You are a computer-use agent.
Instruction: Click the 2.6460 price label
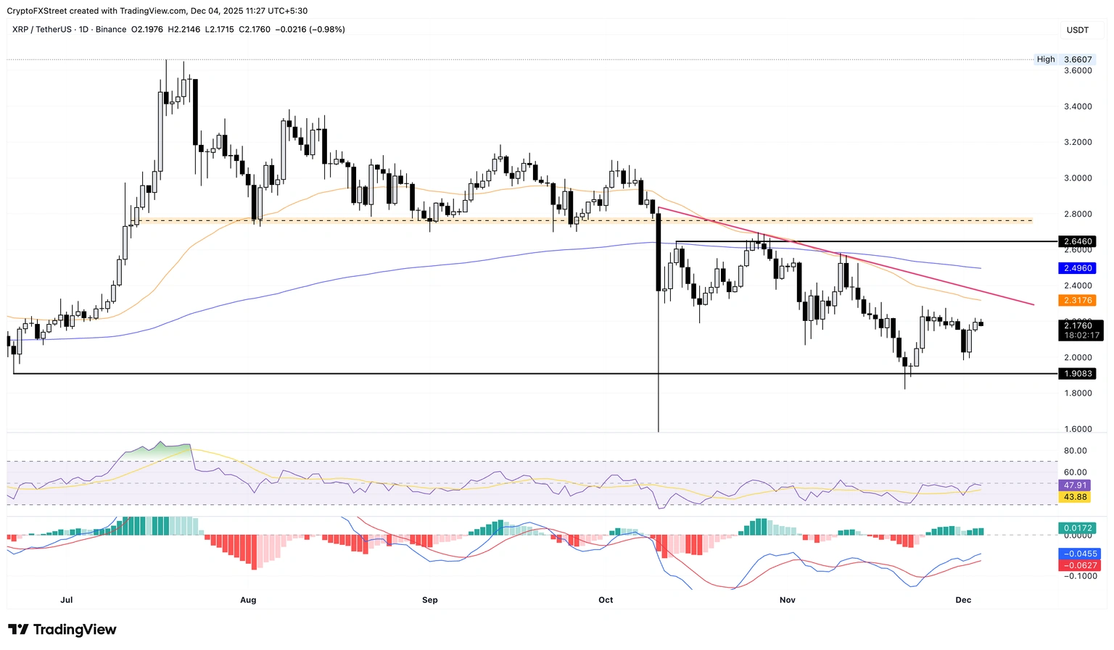(1077, 241)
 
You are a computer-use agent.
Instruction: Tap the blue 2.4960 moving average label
(1077, 268)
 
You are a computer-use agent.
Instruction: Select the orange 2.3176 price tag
(1077, 300)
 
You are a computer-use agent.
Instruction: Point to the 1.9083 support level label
(1077, 374)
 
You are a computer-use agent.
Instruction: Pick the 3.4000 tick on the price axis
(1077, 107)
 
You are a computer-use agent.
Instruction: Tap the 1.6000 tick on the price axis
(1077, 429)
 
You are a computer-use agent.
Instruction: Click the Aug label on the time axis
(248, 600)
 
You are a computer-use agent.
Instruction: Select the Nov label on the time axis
(788, 600)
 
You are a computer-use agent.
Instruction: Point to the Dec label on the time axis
(963, 600)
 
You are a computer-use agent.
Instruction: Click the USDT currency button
(1077, 30)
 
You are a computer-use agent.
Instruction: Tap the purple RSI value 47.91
(1075, 486)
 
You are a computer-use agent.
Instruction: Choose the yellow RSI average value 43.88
(1075, 497)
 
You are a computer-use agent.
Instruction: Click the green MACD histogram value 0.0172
(1077, 528)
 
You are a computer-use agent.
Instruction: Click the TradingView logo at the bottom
(62, 630)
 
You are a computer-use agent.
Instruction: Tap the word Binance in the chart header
(111, 30)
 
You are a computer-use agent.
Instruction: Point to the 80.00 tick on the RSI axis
(1075, 451)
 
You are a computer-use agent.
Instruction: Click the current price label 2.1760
(1078, 326)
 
